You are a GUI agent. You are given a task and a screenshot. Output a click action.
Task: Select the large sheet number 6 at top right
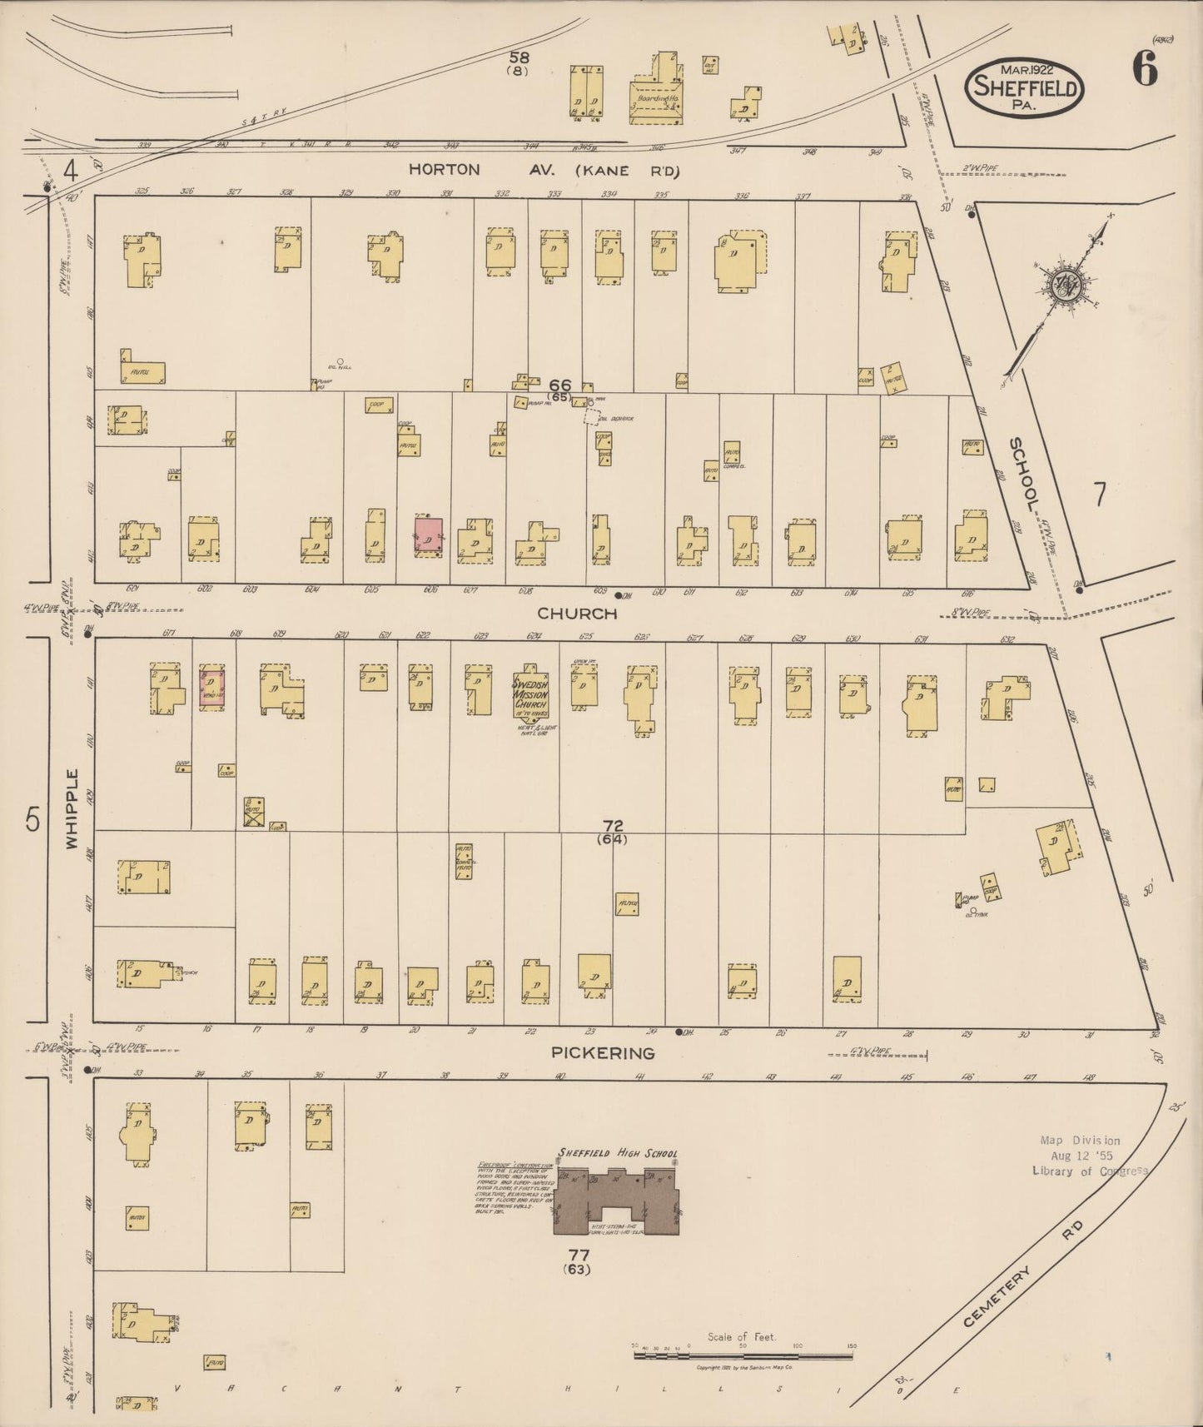tap(1144, 72)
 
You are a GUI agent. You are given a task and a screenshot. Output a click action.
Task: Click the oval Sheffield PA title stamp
tap(1024, 87)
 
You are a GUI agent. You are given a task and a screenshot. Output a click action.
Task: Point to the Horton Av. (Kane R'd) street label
tap(544, 170)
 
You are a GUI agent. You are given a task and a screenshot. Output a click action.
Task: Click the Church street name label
tap(577, 614)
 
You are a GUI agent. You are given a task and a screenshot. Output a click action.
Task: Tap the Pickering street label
tap(602, 1053)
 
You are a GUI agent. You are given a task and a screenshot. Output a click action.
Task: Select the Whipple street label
tap(72, 809)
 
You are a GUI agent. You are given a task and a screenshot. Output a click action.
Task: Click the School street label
tap(1025, 475)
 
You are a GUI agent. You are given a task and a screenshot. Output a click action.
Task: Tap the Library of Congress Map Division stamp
tap(1081, 1155)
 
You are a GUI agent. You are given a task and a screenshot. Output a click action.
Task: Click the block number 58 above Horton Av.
tap(519, 57)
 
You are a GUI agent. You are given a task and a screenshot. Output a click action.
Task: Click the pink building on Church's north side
tap(429, 535)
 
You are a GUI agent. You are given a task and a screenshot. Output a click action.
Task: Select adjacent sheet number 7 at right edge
tap(1100, 495)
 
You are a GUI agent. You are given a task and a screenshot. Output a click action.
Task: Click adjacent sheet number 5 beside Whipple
tap(32, 820)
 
